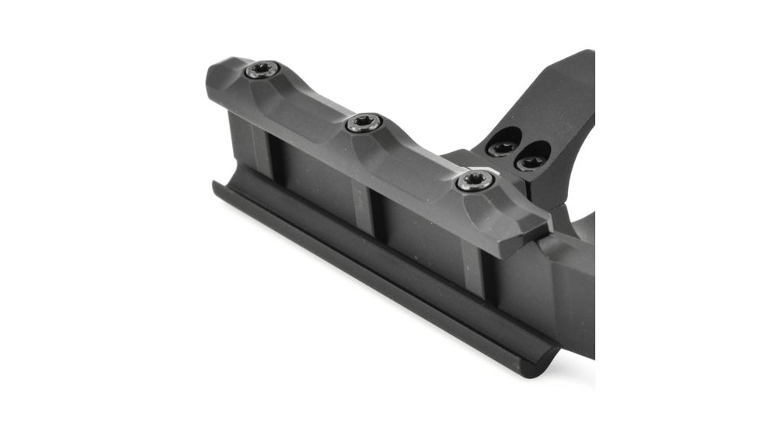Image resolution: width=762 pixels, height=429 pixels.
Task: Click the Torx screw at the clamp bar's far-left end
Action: [263, 70]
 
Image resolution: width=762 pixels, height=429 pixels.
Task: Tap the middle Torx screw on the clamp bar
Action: [364, 122]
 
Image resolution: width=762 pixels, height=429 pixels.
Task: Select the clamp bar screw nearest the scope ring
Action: [474, 181]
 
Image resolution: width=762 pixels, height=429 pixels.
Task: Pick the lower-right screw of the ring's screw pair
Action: [532, 161]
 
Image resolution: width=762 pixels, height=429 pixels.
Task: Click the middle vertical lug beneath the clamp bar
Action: [362, 204]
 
